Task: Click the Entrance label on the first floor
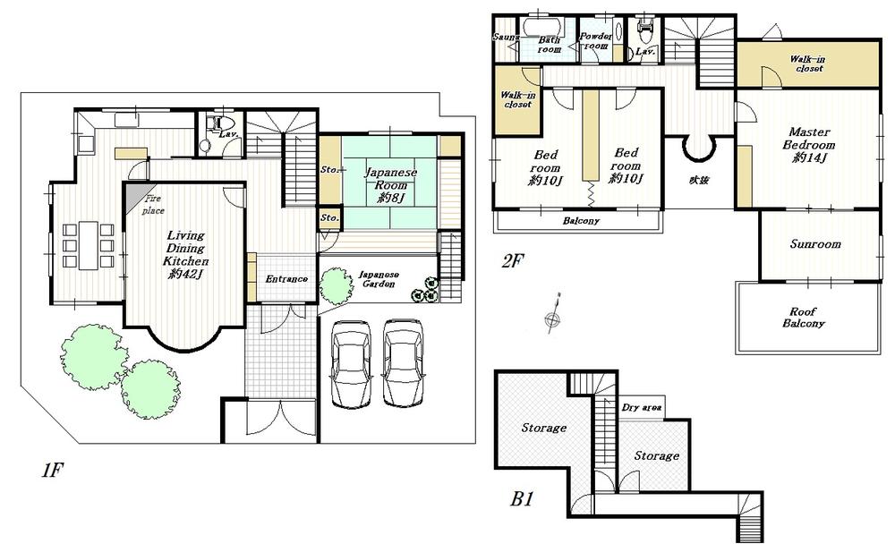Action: [x=286, y=279]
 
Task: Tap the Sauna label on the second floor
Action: [x=504, y=38]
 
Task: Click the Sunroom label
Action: [x=814, y=244]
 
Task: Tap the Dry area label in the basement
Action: [x=642, y=408]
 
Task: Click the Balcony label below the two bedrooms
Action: [x=581, y=221]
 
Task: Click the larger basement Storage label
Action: [x=543, y=428]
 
